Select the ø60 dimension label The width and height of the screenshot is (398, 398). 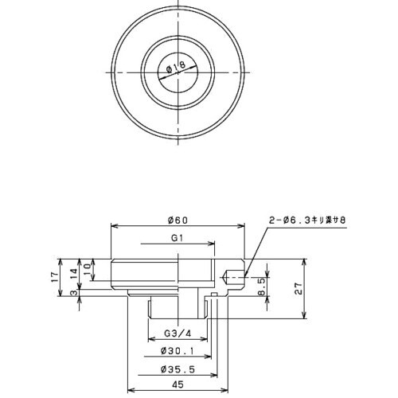(177, 220)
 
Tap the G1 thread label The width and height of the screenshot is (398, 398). (177, 238)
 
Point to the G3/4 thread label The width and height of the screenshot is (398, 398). (176, 332)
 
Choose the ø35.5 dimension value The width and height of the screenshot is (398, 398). (174, 369)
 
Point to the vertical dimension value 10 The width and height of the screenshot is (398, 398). (88, 268)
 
